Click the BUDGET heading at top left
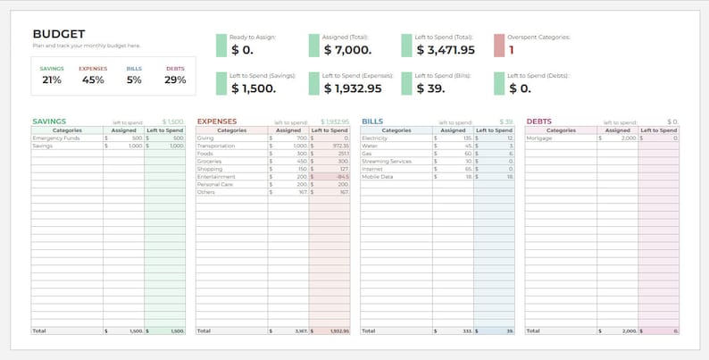pos(58,33)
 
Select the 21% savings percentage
pos(51,80)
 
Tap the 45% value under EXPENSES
pos(93,80)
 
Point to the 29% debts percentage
pos(175,80)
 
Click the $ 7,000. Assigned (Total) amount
pos(347,50)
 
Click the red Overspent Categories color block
pos(499,46)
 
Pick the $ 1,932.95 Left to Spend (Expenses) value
pos(352,88)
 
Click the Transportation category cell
pos(217,146)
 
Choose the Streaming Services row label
pos(386,161)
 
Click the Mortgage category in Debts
pos(539,138)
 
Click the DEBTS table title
pos(538,121)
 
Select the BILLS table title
pos(372,121)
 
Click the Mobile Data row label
pos(379,176)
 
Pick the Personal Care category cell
pos(214,183)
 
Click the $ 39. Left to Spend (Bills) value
pos(434,88)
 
